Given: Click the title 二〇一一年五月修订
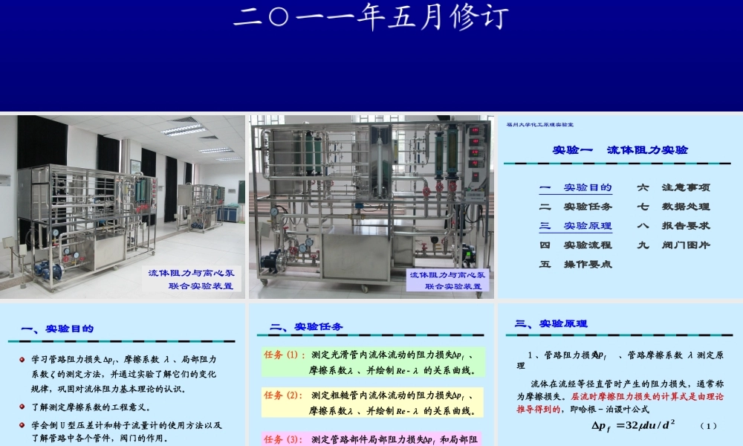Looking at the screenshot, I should coord(371,16).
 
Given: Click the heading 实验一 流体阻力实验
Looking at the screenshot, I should coord(620,150).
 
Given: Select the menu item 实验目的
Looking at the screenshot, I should coord(587,187).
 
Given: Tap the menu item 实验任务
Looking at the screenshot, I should coord(587,207).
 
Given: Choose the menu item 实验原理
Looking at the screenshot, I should coord(587,226).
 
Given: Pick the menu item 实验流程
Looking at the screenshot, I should coord(587,245).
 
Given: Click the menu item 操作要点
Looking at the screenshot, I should coord(587,264).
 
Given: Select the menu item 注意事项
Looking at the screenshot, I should coord(686,187).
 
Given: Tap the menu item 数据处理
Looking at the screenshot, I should coord(686,207).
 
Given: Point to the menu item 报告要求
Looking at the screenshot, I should coord(686,226).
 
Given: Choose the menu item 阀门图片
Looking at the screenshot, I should coord(686,245).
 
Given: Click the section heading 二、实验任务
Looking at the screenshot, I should coord(306,326).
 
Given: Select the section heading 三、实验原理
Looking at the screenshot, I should coord(551,323).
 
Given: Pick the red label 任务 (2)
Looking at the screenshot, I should coord(282,395).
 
